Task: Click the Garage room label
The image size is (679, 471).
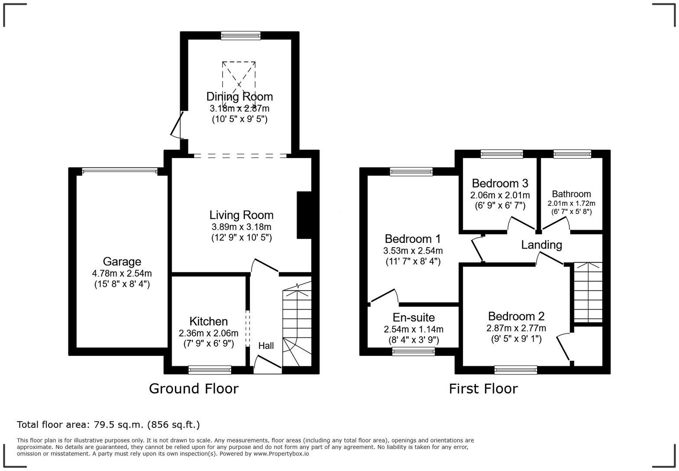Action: pos(122,261)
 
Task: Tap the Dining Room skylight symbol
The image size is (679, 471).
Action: pos(239,84)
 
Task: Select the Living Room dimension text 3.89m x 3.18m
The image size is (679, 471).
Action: pos(241,227)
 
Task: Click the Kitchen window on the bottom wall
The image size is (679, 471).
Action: pos(210,370)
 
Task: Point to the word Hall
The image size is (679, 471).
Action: pos(266,345)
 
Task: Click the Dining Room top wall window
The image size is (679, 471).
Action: pos(241,35)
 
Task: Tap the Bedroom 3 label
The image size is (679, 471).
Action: pos(500,184)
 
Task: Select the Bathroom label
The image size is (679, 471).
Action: pos(572,194)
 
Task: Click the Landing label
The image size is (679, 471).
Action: pos(541,245)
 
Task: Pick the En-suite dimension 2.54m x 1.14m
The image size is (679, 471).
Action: pos(414,329)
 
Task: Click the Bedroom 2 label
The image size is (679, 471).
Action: pos(516,316)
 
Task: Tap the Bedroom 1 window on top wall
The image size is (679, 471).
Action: pos(411,171)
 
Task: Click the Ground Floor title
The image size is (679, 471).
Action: pos(194,389)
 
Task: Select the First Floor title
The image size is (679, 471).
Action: pos(483,389)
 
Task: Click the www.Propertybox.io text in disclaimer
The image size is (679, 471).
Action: pos(281,454)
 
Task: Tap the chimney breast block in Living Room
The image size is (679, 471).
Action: pos(304,215)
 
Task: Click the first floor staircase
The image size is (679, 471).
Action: pos(588,292)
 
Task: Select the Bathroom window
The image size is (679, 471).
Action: pos(572,154)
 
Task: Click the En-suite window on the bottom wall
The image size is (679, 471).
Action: pos(414,351)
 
